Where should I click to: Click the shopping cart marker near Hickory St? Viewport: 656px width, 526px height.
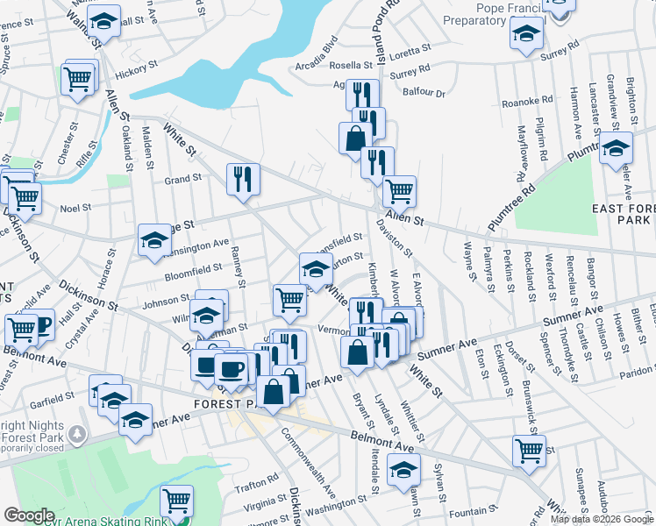click(x=77, y=80)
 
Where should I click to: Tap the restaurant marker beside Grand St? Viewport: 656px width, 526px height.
click(x=243, y=178)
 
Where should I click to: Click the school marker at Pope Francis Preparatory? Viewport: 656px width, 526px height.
click(x=527, y=35)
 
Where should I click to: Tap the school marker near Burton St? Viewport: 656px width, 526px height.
click(x=316, y=267)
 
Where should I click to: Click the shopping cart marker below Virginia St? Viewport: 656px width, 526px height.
click(x=176, y=500)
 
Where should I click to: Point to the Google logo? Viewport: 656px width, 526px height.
click(x=29, y=515)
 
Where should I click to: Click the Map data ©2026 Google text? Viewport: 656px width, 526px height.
click(x=601, y=519)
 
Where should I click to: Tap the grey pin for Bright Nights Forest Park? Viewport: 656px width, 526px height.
click(x=78, y=433)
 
